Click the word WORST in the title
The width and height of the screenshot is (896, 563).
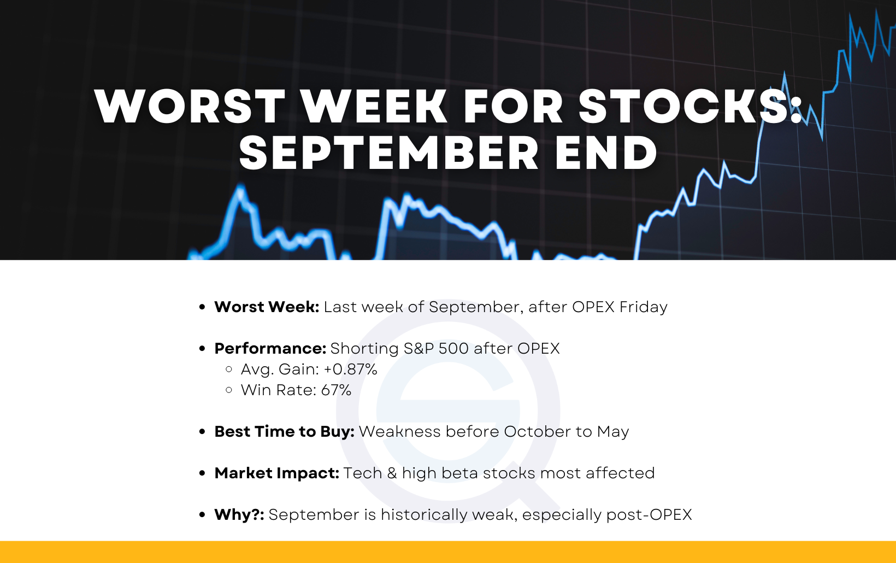pos(189,106)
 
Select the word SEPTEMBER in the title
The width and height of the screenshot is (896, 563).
pos(388,153)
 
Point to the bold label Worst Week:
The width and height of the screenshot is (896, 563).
pos(267,307)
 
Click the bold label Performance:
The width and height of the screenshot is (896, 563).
pos(270,349)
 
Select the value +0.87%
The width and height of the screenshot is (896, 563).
pos(350,370)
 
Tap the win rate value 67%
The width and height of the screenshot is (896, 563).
pos(336,390)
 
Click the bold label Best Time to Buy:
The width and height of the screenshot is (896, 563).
pos(285,432)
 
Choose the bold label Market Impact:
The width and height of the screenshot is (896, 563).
pos(277,473)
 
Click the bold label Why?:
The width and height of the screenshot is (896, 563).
pos(239,515)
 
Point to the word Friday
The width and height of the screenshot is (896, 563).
pos(644,307)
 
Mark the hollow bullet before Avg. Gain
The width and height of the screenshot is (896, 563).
pos(229,370)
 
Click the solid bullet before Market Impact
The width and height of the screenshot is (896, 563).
pos(202,473)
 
